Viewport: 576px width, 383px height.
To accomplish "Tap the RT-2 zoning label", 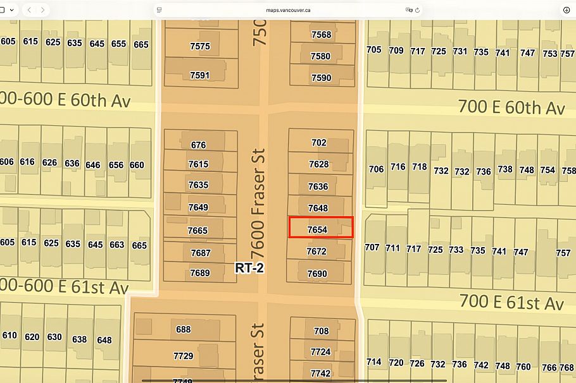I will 249,268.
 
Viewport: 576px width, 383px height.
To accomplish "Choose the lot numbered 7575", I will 199,46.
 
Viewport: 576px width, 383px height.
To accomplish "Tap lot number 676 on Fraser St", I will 198,145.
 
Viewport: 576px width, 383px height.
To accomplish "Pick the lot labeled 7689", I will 199,273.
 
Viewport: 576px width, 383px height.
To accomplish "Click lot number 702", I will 319,143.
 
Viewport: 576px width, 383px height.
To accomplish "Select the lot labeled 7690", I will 317,274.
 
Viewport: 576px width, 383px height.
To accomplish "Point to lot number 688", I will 184,329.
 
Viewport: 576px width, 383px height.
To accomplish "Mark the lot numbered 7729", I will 183,356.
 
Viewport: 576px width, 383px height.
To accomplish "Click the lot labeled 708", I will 321,331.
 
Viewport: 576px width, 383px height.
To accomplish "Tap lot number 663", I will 116,244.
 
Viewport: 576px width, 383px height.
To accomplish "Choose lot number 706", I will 376,169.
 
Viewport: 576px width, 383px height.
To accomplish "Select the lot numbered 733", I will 456,250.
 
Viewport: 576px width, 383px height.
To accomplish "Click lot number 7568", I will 321,35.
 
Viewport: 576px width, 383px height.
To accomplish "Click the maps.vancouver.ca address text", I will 287,10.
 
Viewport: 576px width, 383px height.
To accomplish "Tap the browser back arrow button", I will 29,10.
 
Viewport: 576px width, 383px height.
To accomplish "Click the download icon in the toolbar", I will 566,10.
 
